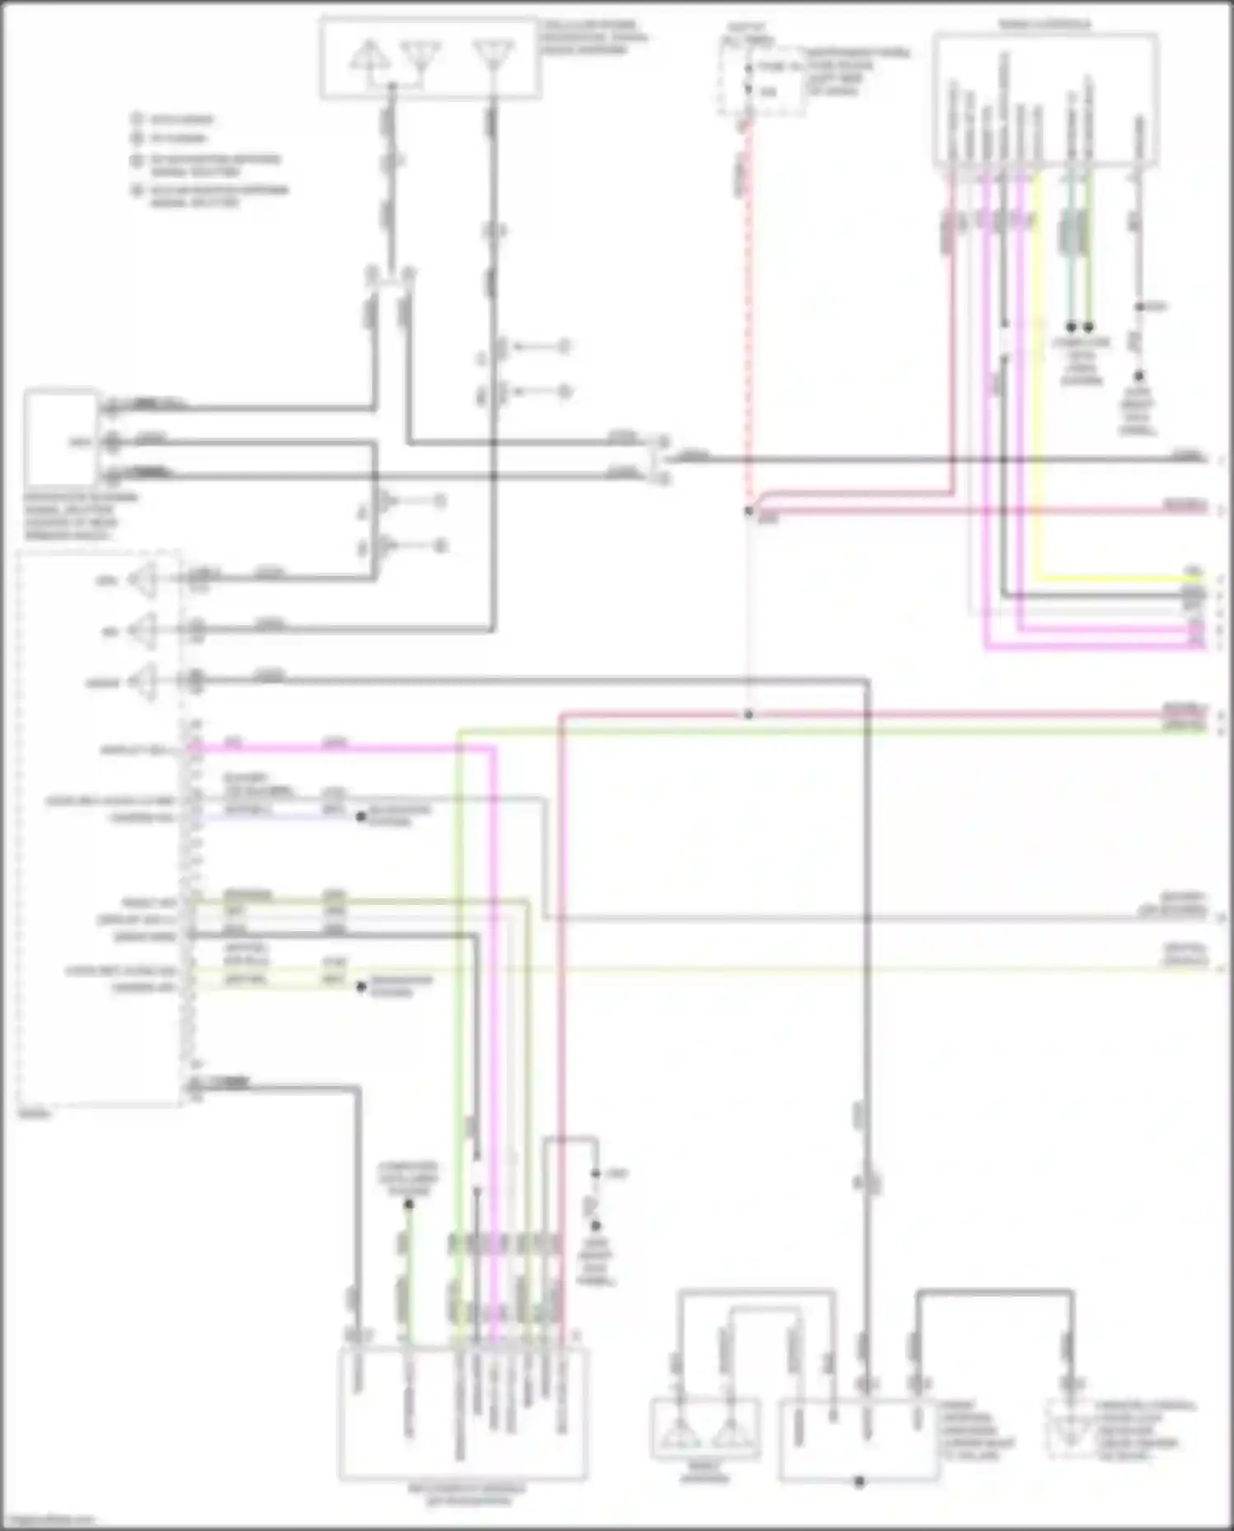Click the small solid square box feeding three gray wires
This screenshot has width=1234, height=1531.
click(x=59, y=438)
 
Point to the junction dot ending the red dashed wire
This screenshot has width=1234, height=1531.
click(x=749, y=511)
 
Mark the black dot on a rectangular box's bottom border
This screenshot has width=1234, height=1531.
click(x=859, y=1482)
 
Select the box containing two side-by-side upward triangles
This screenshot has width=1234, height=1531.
click(x=705, y=1431)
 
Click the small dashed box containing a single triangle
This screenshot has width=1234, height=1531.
click(x=1070, y=1431)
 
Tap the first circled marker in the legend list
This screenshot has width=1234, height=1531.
click(x=137, y=119)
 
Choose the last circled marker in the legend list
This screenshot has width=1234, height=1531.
click(x=137, y=191)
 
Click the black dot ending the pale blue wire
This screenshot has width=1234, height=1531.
click(x=360, y=816)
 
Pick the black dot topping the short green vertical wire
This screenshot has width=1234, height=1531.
click(x=409, y=1204)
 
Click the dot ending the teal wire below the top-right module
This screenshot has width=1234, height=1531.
click(x=1071, y=327)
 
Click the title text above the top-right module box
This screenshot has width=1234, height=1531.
click(x=1045, y=25)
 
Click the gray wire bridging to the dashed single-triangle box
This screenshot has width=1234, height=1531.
click(x=995, y=1292)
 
